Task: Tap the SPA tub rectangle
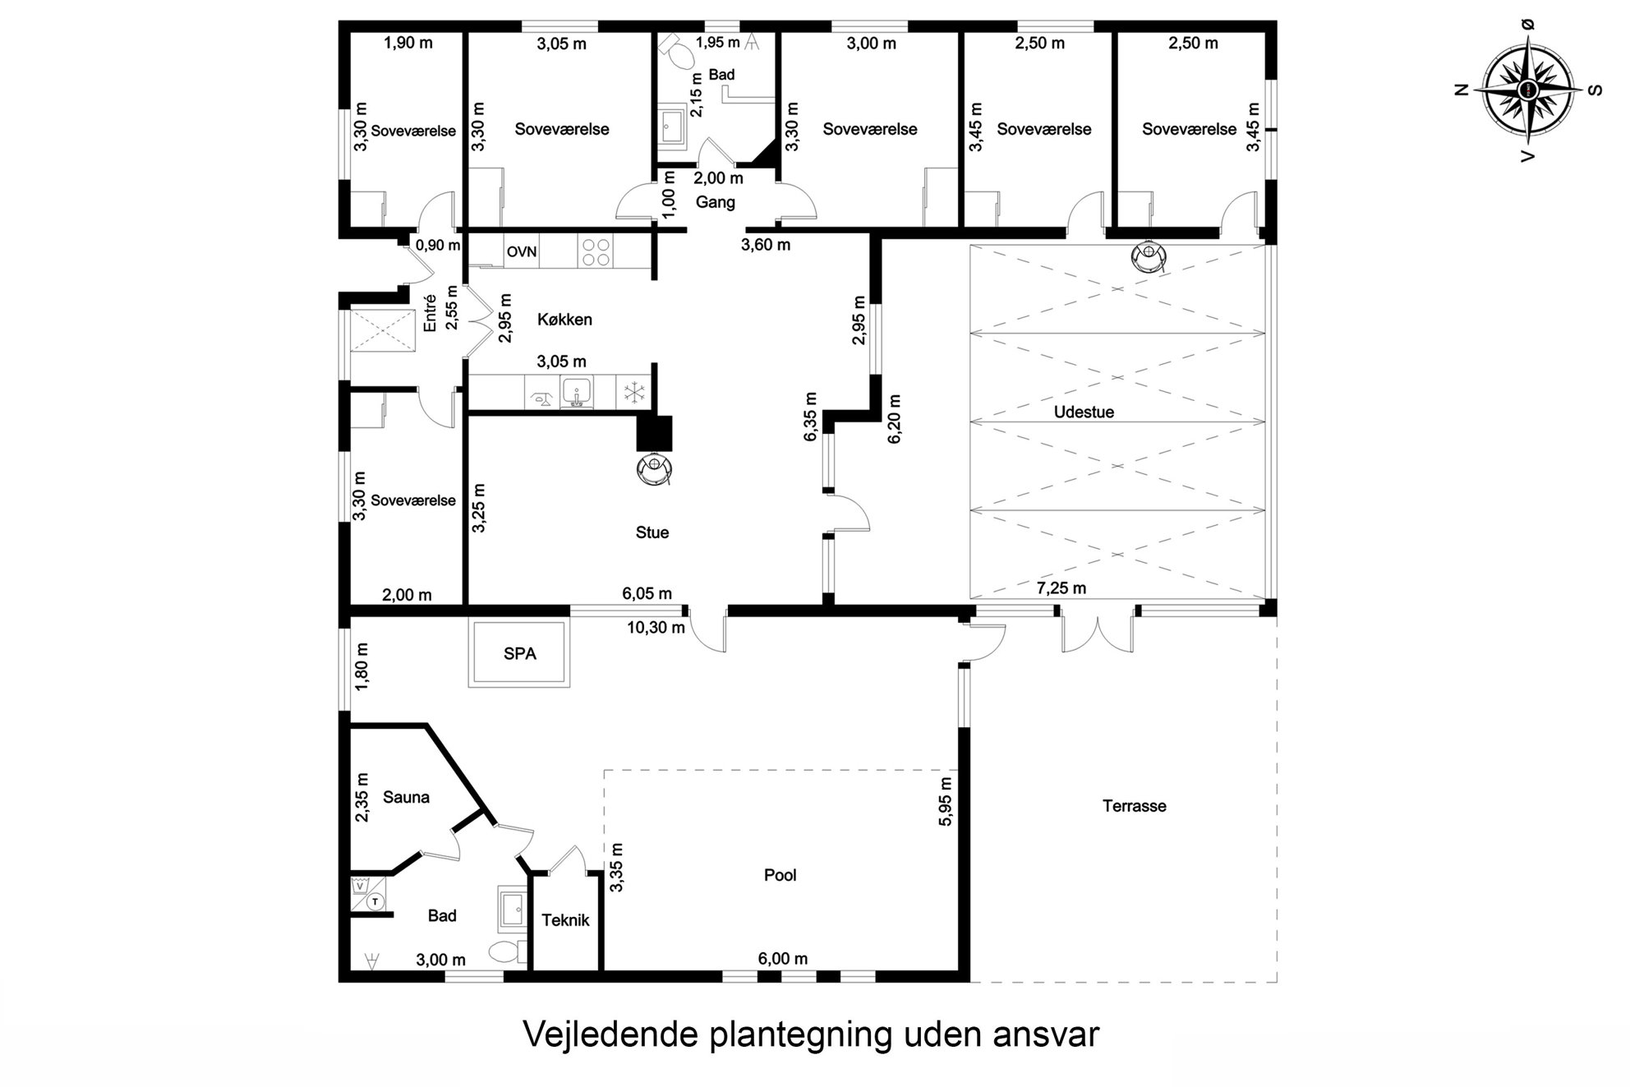click(x=519, y=654)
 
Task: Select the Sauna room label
click(x=406, y=797)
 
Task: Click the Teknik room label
click(x=565, y=920)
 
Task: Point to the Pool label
click(x=780, y=875)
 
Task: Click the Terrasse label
click(x=1135, y=806)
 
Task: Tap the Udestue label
click(x=1084, y=412)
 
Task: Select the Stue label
click(x=652, y=532)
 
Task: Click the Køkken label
click(x=564, y=320)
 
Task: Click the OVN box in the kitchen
click(x=521, y=251)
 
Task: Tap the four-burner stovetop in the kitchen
click(x=596, y=251)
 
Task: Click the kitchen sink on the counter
click(x=578, y=392)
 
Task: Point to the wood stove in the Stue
click(x=655, y=468)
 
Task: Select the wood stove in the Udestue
click(x=1148, y=256)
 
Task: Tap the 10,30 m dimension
click(x=656, y=628)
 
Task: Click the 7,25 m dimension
click(x=1061, y=588)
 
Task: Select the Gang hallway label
click(x=715, y=202)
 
